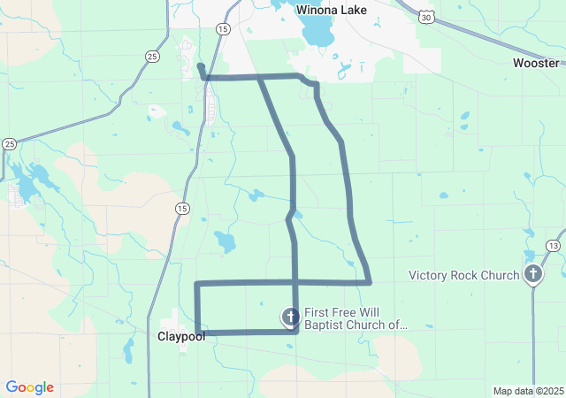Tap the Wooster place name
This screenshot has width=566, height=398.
pos(536,63)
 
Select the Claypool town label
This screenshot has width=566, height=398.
pos(181,336)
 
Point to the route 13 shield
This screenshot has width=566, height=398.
pos(553,245)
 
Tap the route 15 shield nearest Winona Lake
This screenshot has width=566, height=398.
pos(223,29)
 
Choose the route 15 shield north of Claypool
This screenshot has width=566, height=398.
pos(181,209)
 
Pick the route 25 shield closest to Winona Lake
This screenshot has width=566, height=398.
pos(153,57)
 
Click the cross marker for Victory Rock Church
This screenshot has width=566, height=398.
pos(533,274)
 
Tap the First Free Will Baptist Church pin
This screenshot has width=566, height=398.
pos(290,317)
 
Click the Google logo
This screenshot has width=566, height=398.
pos(29,387)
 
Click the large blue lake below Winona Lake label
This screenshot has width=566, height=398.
pos(316,33)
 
